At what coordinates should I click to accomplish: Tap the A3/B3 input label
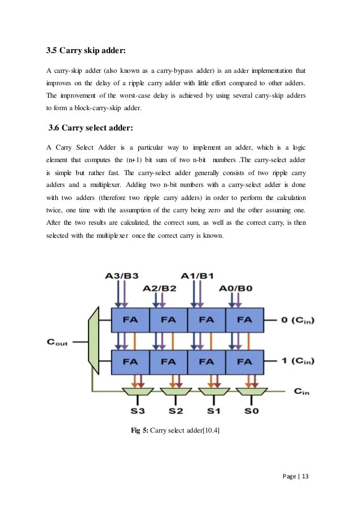pos(122,276)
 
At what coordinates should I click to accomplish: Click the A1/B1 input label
pos(197,276)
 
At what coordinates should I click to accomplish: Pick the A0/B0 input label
pos(236,288)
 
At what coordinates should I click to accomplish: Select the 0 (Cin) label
pos(295,320)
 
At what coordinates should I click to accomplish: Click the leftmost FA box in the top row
pos(130,320)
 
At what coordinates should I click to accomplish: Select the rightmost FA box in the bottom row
pos(244,361)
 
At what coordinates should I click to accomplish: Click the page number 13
pos(305,476)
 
